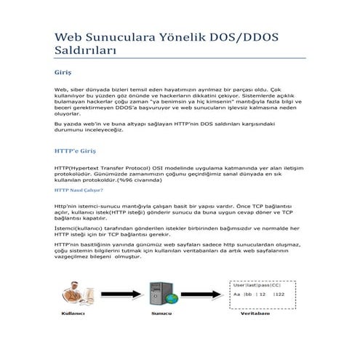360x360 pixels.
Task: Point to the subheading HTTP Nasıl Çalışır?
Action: (79, 191)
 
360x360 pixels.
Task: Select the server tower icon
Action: (159, 295)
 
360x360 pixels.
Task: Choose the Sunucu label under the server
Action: (161, 314)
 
